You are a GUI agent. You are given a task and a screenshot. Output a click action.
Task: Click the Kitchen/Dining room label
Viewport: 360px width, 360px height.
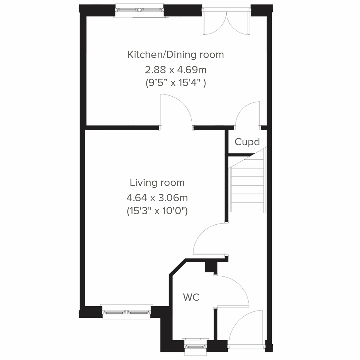(x=175, y=55)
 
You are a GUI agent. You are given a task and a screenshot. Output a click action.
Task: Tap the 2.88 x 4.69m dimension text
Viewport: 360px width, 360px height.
(x=175, y=70)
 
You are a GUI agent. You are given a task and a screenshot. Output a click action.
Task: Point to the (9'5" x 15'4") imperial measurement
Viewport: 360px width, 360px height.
(x=175, y=83)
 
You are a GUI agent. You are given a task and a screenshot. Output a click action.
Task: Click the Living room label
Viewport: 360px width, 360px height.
(x=157, y=183)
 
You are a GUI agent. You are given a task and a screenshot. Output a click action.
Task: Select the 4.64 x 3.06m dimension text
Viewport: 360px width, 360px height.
(x=157, y=198)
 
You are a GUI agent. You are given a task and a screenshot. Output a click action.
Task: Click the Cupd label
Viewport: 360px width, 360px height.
(x=247, y=142)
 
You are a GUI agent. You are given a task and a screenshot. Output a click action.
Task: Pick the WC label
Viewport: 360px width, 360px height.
(x=191, y=298)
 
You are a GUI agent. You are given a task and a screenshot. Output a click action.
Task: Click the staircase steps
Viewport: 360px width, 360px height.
(x=247, y=189)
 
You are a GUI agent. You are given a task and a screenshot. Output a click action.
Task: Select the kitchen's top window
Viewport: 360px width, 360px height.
(x=140, y=10)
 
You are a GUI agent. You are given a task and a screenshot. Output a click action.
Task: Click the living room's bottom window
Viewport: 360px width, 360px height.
(x=126, y=312)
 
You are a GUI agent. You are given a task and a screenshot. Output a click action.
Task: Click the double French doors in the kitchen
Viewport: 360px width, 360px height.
(x=226, y=22)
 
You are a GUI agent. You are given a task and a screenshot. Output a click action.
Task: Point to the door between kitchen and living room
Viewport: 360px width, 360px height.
(x=177, y=109)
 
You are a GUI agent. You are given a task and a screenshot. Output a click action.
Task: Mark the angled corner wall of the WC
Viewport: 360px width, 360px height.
(x=178, y=267)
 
